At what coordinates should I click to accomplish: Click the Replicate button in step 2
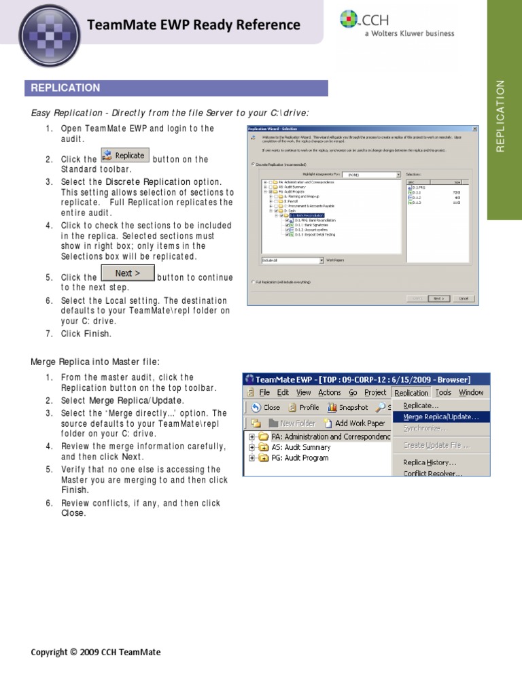tap(124, 156)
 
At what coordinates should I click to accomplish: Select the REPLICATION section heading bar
tap(175, 88)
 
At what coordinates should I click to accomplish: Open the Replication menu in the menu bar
tap(411, 393)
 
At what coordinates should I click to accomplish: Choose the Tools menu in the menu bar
tap(443, 393)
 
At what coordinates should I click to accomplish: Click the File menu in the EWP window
tap(264, 393)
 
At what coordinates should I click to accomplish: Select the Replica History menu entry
tap(430, 462)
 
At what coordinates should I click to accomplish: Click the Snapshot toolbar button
tap(347, 408)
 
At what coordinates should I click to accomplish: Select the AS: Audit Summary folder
tap(301, 448)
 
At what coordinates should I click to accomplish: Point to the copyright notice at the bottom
tap(96, 652)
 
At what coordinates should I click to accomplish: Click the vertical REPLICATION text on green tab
tap(502, 116)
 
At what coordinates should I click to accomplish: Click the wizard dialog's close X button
tap(474, 128)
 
